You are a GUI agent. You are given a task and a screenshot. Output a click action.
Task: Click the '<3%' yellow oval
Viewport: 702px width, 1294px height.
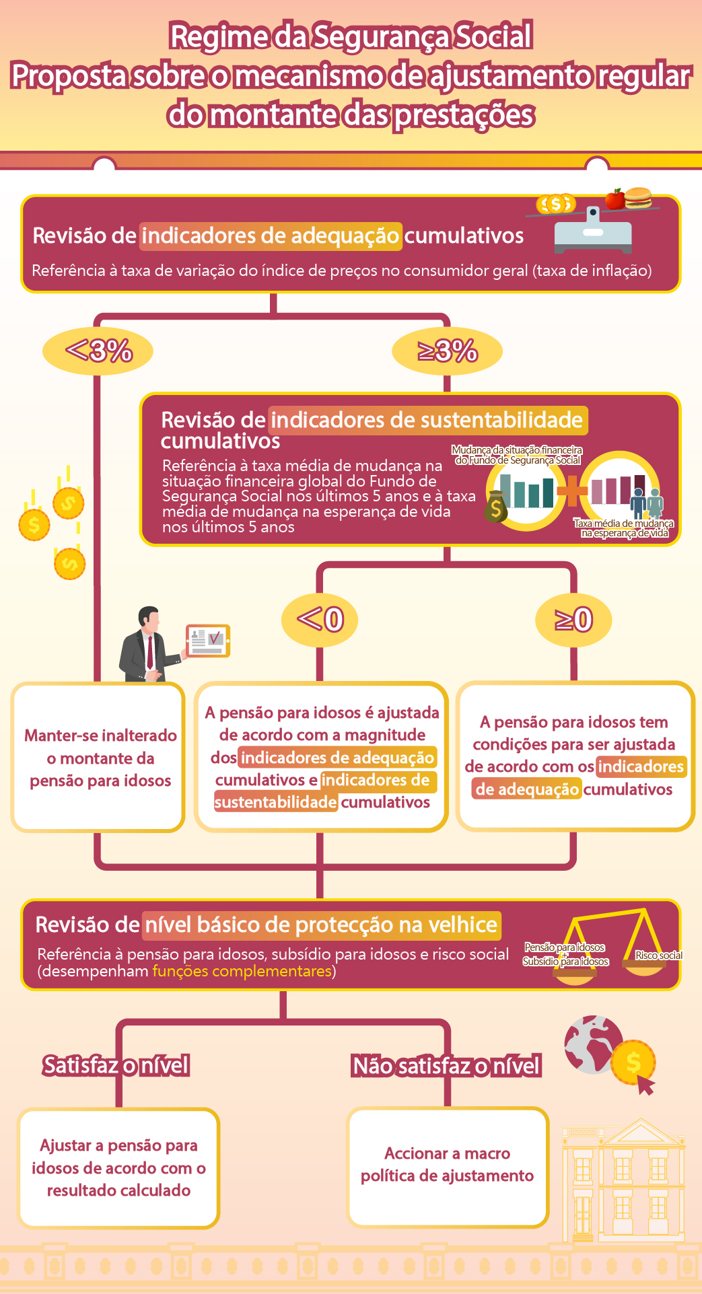98,351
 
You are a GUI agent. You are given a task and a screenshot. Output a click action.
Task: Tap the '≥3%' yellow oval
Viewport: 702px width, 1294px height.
448,351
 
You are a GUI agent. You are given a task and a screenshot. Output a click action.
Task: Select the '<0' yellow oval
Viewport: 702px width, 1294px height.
320,619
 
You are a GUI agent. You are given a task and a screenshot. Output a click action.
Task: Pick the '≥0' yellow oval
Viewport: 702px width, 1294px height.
573,619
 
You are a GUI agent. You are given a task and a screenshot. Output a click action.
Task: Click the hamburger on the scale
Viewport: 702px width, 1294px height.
638,197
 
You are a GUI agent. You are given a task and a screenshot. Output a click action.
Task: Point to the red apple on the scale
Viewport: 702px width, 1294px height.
615,199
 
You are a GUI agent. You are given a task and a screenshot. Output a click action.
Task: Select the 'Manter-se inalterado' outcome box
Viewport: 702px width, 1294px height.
98,758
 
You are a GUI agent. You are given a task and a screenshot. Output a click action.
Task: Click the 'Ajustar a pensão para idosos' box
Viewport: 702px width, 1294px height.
118,1168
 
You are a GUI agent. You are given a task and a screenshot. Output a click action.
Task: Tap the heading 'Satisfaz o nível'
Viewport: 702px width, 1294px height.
116,1065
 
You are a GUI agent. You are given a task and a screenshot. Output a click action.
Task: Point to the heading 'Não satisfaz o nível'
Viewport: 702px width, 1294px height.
447,1066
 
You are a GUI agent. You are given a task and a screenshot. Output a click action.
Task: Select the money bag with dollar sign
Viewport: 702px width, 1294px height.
496,508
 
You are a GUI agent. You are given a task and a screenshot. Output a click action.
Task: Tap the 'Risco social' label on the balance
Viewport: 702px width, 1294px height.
658,956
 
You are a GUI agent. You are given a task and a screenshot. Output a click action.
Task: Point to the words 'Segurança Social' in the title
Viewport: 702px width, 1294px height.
422,36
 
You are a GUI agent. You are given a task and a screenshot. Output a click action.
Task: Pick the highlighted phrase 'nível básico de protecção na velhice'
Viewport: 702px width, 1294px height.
321,925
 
